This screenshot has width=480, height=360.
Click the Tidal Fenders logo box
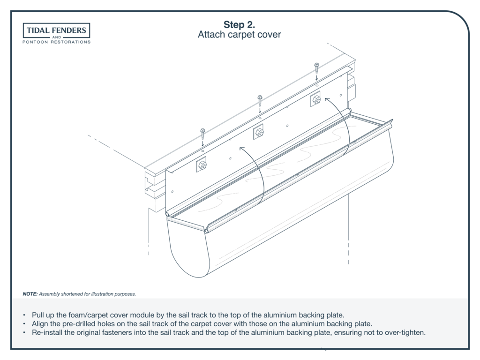[x=57, y=30]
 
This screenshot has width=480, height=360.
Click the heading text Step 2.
[x=239, y=24]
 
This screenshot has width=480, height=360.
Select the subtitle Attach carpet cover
[x=239, y=35]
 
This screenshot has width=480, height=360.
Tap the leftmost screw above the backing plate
[x=202, y=134]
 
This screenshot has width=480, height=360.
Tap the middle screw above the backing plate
[x=260, y=100]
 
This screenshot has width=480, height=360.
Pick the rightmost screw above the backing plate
[x=316, y=68]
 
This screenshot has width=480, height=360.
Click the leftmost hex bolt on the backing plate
[x=202, y=165]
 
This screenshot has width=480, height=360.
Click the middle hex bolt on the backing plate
[x=259, y=133]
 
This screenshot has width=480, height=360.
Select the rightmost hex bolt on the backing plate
[x=316, y=99]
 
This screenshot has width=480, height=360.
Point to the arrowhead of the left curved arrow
[x=242, y=149]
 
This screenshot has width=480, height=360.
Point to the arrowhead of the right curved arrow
[x=327, y=99]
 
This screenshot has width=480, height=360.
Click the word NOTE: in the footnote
[x=30, y=294]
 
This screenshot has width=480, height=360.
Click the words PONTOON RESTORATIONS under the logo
[x=57, y=42]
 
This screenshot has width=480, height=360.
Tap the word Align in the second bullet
[x=40, y=324]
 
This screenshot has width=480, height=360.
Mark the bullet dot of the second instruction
[x=24, y=324]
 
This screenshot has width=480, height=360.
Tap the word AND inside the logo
[x=57, y=37]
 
